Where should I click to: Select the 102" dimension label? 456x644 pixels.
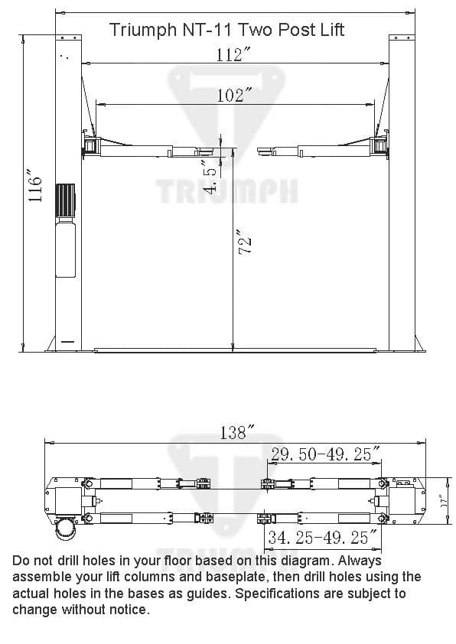[235, 95]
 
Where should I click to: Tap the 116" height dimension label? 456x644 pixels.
[36, 186]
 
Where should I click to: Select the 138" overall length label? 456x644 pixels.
[233, 433]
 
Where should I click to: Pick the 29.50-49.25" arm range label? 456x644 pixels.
[325, 454]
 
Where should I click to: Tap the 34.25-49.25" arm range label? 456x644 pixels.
[322, 538]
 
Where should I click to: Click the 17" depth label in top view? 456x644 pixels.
[443, 502]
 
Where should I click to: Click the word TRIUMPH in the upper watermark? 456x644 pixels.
[227, 190]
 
